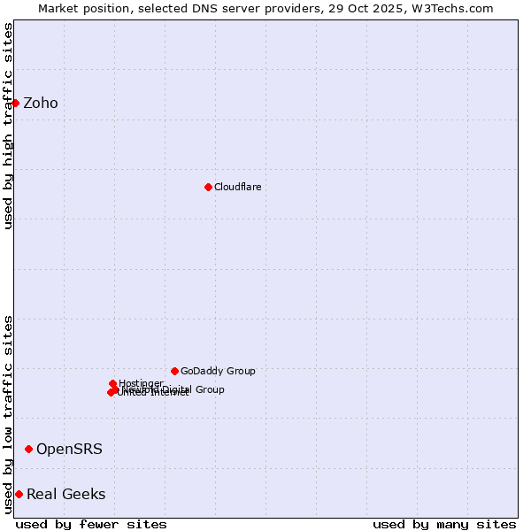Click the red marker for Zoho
click(x=15, y=103)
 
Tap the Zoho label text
click(x=41, y=104)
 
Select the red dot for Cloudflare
click(x=208, y=187)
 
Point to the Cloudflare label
click(x=237, y=187)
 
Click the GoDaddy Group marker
click(x=174, y=371)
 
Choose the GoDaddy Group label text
click(x=218, y=371)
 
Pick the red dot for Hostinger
click(x=113, y=383)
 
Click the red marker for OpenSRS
click(x=28, y=450)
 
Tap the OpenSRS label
click(x=69, y=450)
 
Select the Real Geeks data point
click(x=19, y=494)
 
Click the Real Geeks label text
click(x=66, y=494)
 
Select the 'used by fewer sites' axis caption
click(x=91, y=524)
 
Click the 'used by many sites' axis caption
click(x=444, y=524)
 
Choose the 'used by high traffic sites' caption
click(x=8, y=126)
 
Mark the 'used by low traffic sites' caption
click(x=8, y=414)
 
